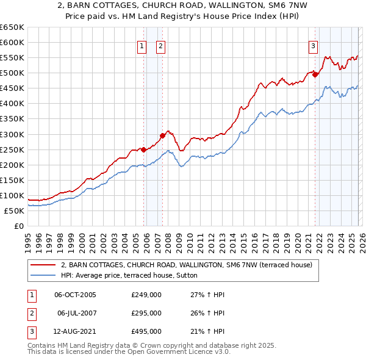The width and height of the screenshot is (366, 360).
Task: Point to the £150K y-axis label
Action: point(12,180)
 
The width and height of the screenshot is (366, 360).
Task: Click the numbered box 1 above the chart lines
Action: point(142,46)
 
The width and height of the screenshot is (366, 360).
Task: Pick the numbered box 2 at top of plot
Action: point(160,46)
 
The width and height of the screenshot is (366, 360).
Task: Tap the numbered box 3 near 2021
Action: point(313,46)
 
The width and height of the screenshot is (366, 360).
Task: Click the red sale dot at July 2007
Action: point(163,135)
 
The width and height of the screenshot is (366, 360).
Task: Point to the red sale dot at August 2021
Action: point(315,74)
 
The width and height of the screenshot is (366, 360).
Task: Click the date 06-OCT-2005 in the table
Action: point(75,295)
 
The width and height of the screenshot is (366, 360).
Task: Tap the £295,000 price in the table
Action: point(146,313)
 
